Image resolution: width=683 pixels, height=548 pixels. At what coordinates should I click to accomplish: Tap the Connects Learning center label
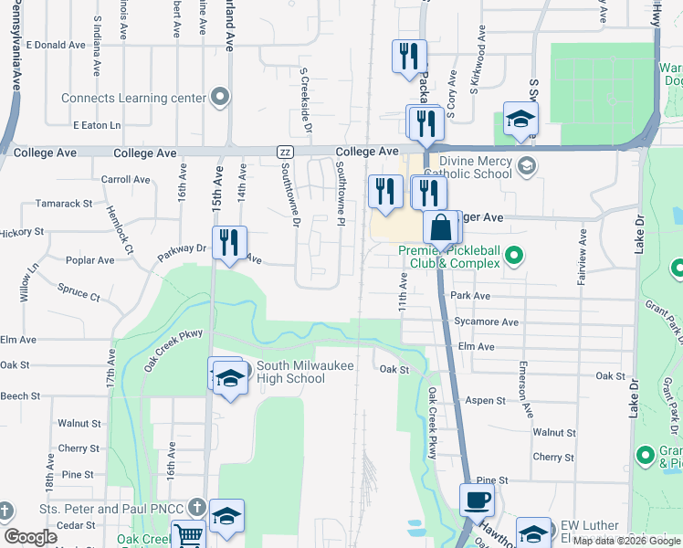(x=134, y=98)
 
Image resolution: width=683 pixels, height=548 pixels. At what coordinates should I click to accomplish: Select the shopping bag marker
(x=441, y=229)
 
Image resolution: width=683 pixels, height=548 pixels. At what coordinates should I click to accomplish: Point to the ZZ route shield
(x=286, y=152)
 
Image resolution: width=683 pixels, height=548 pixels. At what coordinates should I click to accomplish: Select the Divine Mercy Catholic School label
(x=468, y=165)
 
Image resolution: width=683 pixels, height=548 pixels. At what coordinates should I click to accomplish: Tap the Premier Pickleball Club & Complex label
(x=448, y=257)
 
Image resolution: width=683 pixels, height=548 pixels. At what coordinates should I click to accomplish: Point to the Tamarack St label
(x=63, y=204)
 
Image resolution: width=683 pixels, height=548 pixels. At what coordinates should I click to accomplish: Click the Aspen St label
(x=486, y=401)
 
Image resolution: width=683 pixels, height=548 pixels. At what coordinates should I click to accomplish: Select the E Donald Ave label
(x=55, y=45)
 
